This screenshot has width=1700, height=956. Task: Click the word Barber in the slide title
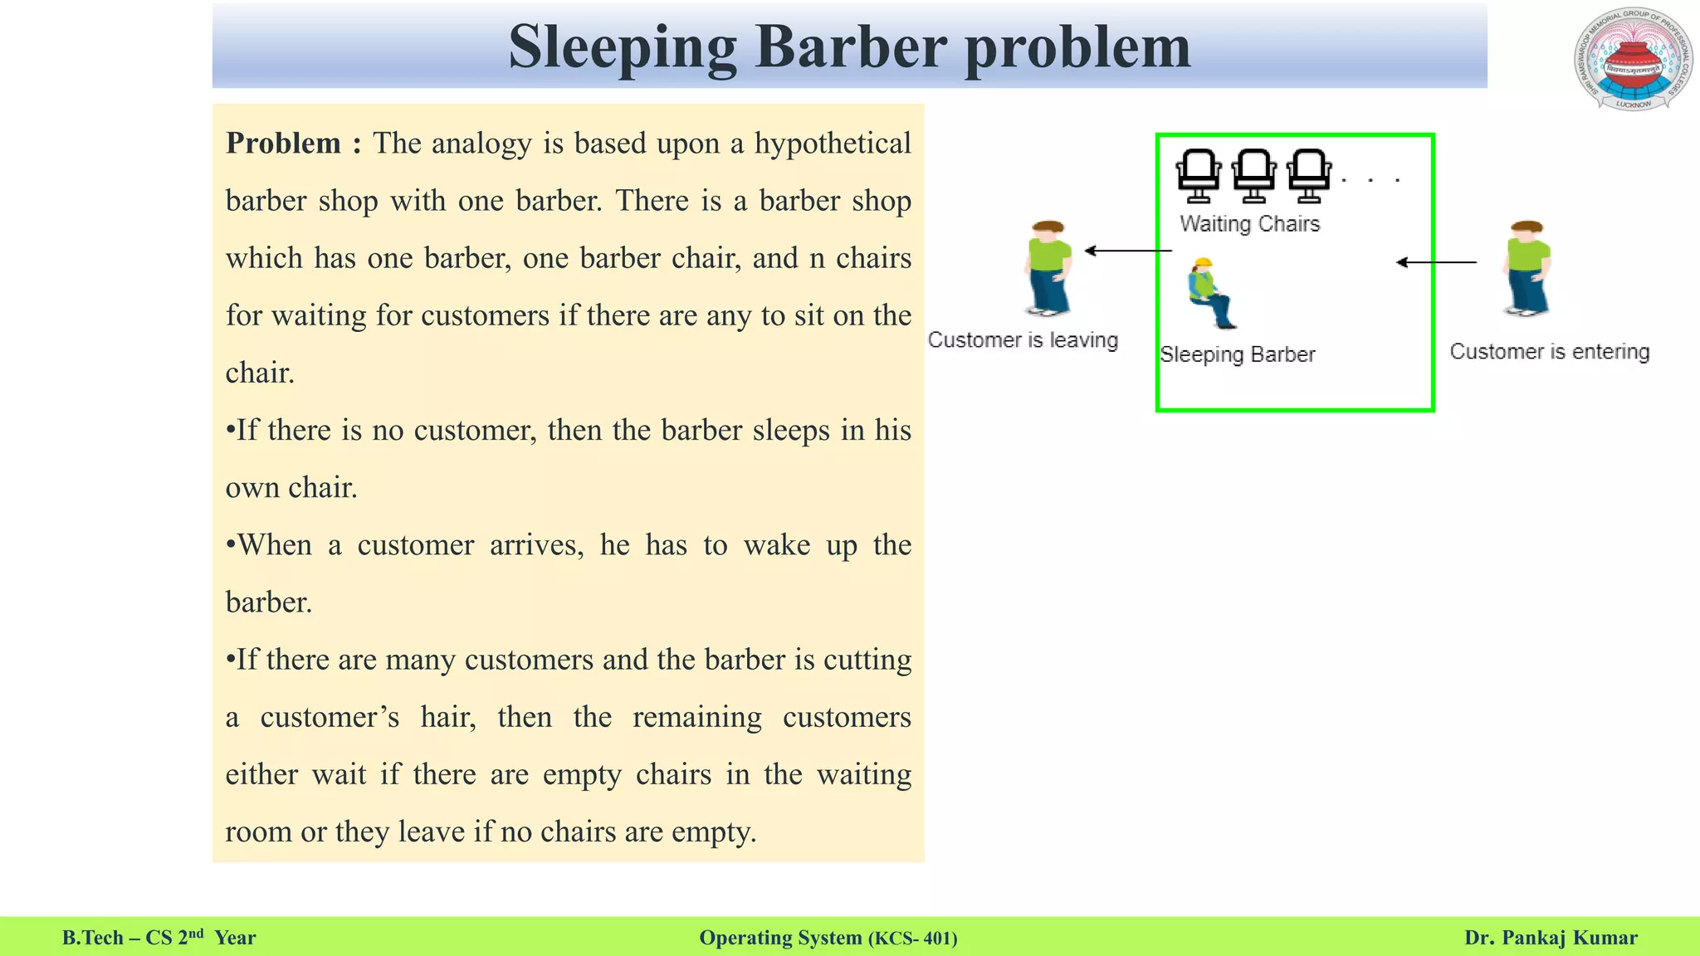850,47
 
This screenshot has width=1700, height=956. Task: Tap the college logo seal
1632,60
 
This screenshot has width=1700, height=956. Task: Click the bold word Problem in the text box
283,144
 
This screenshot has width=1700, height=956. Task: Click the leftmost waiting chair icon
1199,175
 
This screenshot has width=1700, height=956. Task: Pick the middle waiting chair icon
1253,175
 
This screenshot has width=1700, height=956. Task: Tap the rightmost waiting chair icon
1309,175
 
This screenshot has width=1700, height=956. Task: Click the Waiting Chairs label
1249,224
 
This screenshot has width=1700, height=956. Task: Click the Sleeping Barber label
1237,355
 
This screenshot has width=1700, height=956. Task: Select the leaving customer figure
1048,267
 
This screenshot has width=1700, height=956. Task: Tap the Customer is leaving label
1023,340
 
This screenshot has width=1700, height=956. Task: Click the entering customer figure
1527,267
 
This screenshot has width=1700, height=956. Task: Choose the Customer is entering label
1549,352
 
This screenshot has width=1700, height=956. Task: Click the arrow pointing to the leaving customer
1128,251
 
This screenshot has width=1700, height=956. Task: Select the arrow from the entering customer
1436,262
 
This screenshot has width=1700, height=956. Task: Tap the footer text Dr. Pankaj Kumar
1551,938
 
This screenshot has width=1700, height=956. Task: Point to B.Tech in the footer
92,938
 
